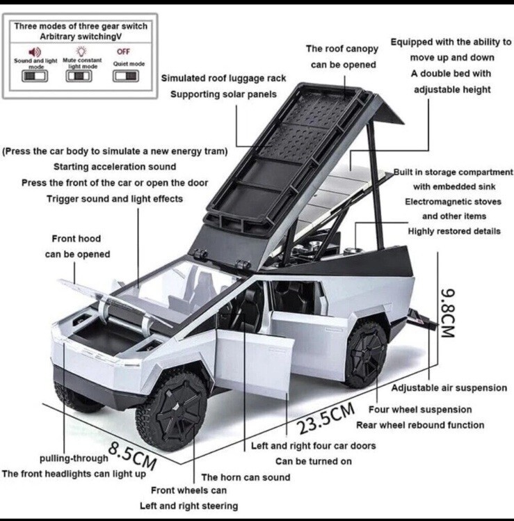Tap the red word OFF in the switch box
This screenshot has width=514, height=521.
click(x=123, y=51)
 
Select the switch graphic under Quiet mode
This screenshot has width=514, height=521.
click(x=125, y=76)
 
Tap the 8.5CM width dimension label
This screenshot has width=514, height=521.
click(x=132, y=454)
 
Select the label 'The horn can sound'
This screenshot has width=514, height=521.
click(x=246, y=477)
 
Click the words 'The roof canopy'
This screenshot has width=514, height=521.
click(x=342, y=49)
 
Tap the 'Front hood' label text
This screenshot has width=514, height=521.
click(x=76, y=239)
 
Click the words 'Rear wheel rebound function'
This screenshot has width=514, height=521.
click(x=420, y=424)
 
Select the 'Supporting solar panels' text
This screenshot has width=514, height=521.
click(x=223, y=94)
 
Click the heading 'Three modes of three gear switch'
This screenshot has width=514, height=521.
click(x=80, y=26)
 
